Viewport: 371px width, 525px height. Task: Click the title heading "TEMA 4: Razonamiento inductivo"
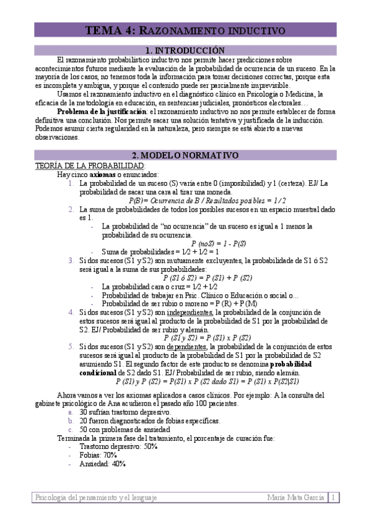pyautogui.click(x=185, y=30)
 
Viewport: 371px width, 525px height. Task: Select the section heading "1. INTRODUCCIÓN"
pyautogui.click(x=185, y=50)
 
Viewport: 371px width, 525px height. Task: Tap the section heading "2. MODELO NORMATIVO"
pyautogui.click(x=185, y=155)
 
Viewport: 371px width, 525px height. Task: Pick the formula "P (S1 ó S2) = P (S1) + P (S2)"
pyautogui.click(x=207, y=278)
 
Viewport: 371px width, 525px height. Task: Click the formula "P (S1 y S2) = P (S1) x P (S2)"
pyautogui.click(x=207, y=338)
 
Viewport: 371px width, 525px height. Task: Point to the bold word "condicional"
pyautogui.click(x=97, y=373)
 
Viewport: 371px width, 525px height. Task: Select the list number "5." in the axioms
pyautogui.click(x=71, y=347)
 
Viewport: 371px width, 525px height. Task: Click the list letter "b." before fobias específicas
pyautogui.click(x=71, y=420)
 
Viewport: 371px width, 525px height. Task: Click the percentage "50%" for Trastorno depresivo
pyautogui.click(x=150, y=446)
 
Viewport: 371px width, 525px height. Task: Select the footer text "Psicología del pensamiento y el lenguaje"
pyautogui.click(x=96, y=497)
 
